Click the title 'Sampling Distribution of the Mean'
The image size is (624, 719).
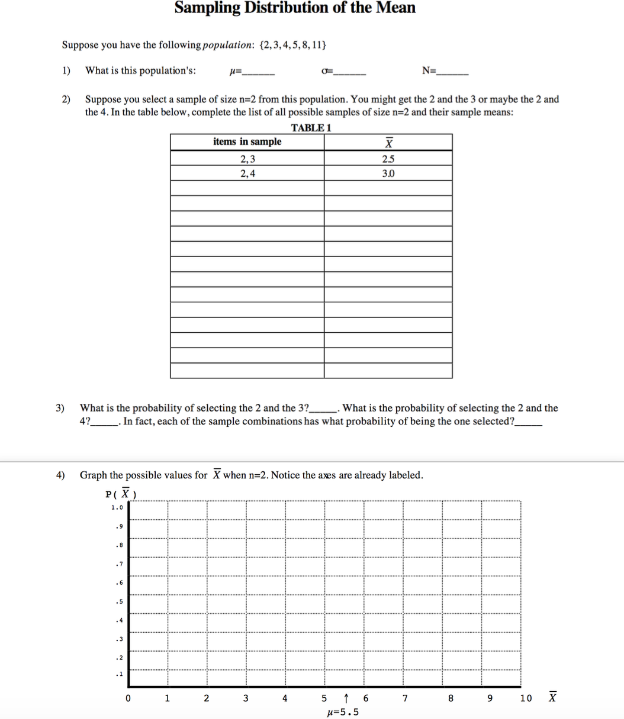pos(295,8)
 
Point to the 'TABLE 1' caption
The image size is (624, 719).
pos(311,128)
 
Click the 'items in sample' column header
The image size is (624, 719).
pos(247,142)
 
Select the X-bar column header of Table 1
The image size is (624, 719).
pos(388,142)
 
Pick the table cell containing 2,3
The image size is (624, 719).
pos(247,158)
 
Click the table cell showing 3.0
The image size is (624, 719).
pos(388,174)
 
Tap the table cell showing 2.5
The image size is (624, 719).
pos(388,158)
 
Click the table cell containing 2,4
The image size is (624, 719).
pos(247,174)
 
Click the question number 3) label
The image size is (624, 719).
pos(60,408)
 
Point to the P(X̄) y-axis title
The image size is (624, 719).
pos(121,494)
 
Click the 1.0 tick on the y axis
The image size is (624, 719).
pos(117,507)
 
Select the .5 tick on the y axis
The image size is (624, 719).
pos(119,602)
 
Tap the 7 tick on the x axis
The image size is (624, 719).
pos(405,698)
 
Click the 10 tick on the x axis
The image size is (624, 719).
pos(526,698)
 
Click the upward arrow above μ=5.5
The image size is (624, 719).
pos(346,698)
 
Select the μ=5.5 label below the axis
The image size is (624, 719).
pos(343,712)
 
